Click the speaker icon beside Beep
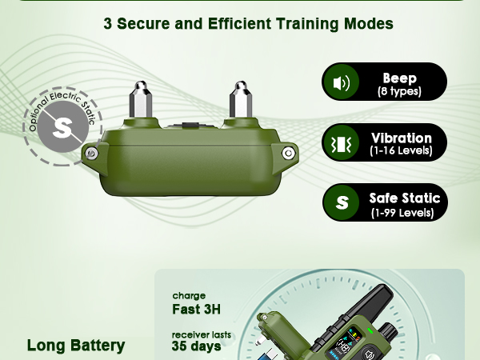point(341,82)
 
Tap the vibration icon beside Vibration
point(341,143)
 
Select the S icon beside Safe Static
point(342,202)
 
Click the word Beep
point(399,78)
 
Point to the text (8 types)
point(399,91)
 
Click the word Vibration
point(402,138)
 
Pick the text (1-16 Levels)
point(401,150)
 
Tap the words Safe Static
point(405,198)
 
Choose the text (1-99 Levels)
point(402,213)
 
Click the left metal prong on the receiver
point(141,99)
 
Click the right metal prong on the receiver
point(241,99)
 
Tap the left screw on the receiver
point(91,153)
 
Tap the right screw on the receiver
point(288,153)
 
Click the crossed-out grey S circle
point(62,126)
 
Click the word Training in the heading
point(306,23)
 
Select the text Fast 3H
point(196,309)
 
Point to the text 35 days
point(196,346)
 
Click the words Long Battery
point(76,346)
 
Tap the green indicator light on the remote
point(370,331)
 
